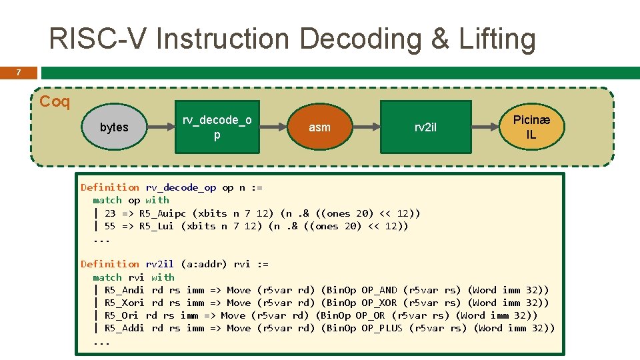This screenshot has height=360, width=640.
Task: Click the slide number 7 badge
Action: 18,73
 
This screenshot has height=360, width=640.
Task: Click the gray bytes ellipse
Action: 114,127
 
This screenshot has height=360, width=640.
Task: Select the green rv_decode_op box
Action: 217,127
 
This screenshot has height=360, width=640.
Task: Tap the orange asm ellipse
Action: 319,127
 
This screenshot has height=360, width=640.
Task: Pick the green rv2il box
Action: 425,127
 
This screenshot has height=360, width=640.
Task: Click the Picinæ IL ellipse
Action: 531,127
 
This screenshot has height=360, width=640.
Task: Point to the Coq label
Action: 55,102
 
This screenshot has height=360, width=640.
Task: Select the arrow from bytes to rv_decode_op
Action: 160,127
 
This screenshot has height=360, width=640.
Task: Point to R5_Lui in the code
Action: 157,226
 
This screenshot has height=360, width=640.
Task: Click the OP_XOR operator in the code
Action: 379,303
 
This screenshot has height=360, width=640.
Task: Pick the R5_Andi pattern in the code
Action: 125,290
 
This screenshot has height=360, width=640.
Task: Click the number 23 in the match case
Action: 110,213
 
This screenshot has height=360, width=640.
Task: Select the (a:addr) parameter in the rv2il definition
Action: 205,264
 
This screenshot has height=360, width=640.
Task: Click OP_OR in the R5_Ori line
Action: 370,315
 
